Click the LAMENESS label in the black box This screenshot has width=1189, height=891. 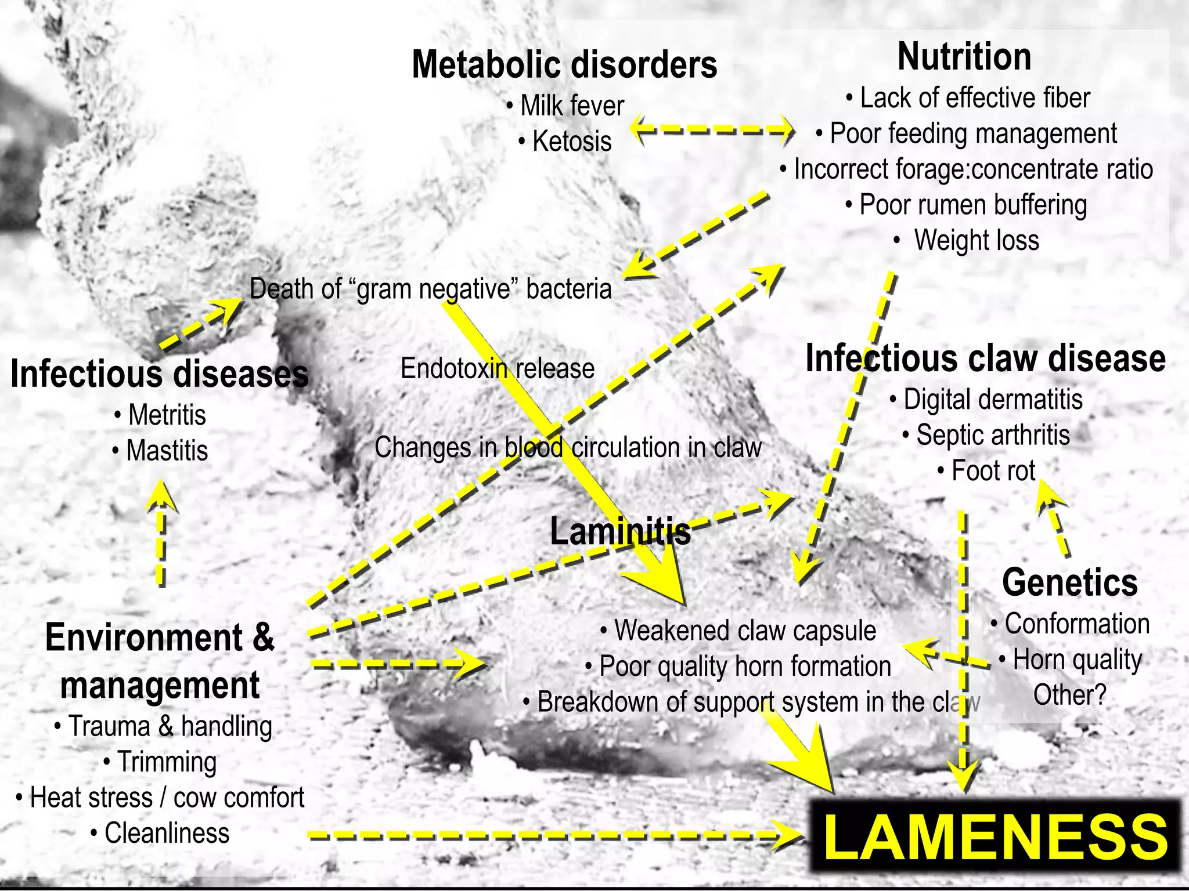995,836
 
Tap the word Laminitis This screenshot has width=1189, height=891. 620,531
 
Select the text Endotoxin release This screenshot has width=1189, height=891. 498,368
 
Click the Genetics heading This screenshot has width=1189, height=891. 1069,582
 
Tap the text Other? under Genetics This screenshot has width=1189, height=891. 1069,695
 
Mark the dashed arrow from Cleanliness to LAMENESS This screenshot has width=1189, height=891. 552,835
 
